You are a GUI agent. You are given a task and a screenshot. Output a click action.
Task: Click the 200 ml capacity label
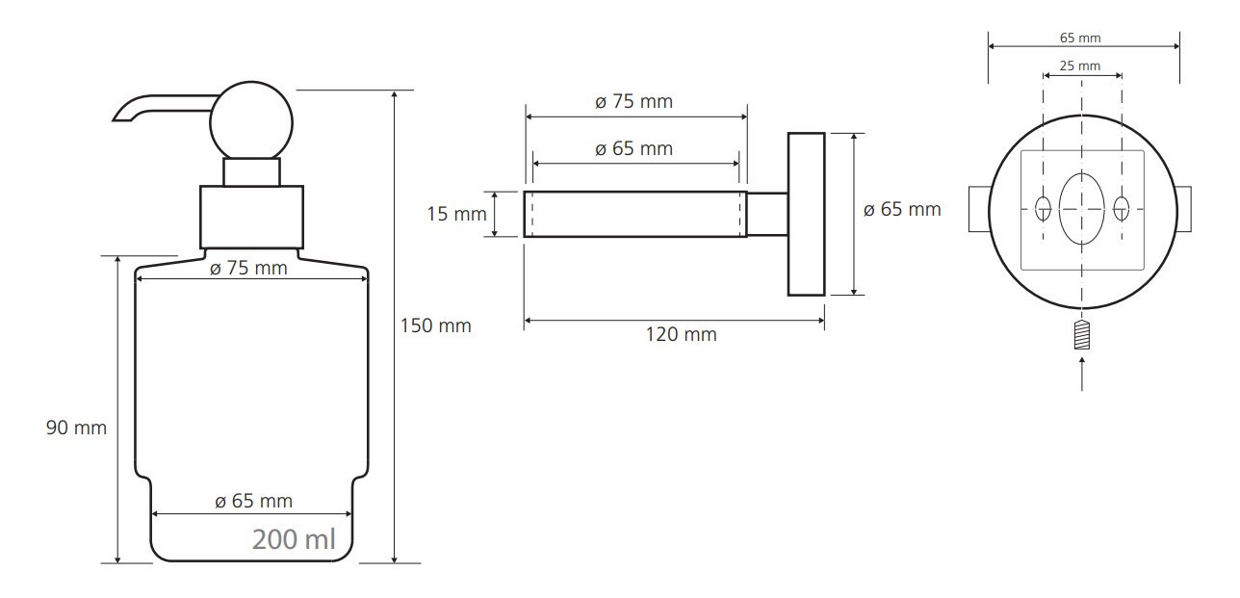click(x=294, y=539)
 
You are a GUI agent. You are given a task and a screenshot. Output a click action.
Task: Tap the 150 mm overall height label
click(x=436, y=325)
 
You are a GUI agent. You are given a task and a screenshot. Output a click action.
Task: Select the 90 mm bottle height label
click(x=76, y=428)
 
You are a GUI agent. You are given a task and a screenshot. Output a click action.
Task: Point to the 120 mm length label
click(x=681, y=334)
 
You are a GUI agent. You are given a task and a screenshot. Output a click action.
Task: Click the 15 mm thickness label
click(x=456, y=214)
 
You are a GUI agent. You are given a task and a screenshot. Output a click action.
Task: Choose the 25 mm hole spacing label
click(x=1080, y=65)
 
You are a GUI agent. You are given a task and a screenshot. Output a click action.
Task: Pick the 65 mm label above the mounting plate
click(x=1080, y=39)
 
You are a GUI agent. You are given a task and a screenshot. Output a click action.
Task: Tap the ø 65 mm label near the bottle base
click(x=253, y=501)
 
